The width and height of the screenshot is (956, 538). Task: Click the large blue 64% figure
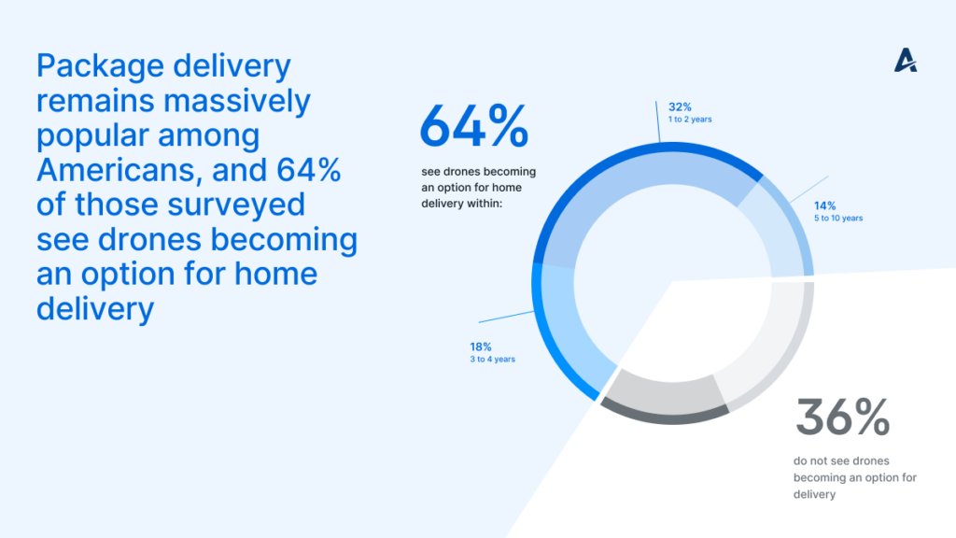(x=473, y=126)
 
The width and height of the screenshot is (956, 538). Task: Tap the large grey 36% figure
(x=843, y=418)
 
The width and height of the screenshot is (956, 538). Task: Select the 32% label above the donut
(x=680, y=107)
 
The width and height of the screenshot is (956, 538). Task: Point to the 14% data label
(x=825, y=206)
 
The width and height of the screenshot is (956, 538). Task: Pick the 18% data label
(x=481, y=347)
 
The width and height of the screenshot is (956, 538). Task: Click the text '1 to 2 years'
(x=690, y=120)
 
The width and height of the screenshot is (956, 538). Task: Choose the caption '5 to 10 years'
(x=838, y=219)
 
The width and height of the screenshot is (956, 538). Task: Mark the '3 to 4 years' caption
(x=492, y=360)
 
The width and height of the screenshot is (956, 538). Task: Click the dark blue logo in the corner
(x=906, y=61)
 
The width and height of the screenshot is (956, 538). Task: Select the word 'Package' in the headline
(x=101, y=66)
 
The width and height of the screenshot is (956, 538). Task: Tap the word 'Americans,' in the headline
(x=119, y=170)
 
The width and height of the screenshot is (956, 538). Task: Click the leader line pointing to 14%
(x=809, y=190)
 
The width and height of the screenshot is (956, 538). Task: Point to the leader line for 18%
(x=507, y=317)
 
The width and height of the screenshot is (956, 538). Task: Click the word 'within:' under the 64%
(x=485, y=204)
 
